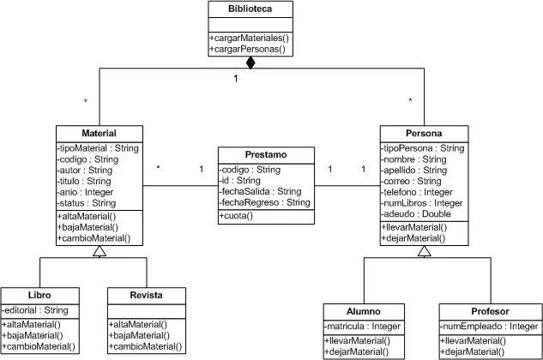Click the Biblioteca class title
coord(250,9)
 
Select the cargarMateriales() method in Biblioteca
coord(249,38)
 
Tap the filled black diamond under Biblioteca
coord(250,63)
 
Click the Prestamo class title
coord(266,154)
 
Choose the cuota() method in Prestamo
coord(236,216)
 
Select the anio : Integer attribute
coord(85,192)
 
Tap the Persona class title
coord(424,133)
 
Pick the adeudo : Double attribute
coord(416,214)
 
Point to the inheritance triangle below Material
coord(100,251)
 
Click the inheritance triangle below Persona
coord(425,251)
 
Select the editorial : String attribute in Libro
coord(35,310)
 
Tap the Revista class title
coord(146,295)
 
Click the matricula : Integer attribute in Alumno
coord(362,326)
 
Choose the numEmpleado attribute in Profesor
coord(489,326)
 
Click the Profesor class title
coord(490,311)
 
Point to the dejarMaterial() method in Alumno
coord(357,351)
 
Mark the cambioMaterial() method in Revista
coord(145,346)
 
